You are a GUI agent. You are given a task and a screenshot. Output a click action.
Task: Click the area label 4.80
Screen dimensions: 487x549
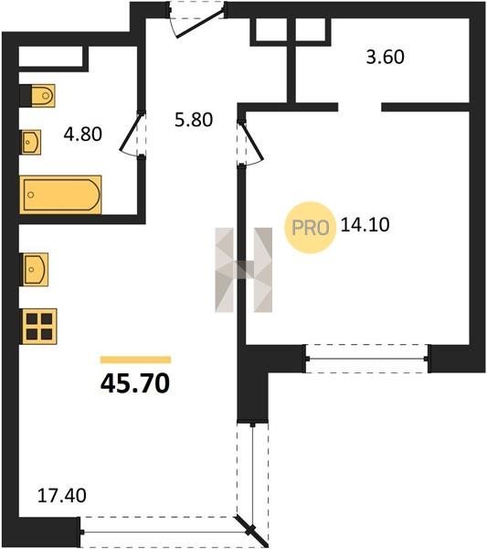click(x=83, y=135)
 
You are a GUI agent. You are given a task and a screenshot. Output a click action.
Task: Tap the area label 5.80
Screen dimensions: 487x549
click(x=194, y=120)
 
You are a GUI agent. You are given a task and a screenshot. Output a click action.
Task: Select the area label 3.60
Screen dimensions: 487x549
click(x=386, y=57)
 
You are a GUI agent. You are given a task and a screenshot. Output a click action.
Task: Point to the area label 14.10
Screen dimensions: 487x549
click(x=365, y=225)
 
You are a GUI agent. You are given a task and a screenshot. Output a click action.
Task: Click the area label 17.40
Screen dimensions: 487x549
click(x=62, y=496)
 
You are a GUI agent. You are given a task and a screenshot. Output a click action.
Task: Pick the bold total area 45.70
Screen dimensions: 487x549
click(x=135, y=383)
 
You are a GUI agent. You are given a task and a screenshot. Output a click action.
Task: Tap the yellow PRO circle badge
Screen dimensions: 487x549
click(x=310, y=228)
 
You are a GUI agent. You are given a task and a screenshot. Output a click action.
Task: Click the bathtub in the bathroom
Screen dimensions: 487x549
click(x=61, y=195)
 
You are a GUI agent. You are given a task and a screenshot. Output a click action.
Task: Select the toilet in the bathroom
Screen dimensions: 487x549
click(x=37, y=95)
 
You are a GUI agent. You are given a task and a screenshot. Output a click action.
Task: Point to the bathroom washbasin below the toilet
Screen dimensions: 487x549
click(x=31, y=142)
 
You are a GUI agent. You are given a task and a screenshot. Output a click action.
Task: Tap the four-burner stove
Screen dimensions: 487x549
click(x=39, y=327)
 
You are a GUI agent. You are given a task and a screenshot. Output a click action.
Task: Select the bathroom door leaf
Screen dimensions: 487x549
click(x=131, y=132)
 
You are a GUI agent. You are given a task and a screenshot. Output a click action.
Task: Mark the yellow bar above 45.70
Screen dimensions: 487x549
click(x=135, y=360)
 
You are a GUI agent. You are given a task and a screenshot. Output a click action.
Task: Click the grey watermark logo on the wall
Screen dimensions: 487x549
click(x=244, y=270)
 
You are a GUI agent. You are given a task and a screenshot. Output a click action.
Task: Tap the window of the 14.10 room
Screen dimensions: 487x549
click(x=366, y=359)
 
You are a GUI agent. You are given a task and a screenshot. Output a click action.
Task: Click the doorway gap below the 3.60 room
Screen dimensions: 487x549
click(x=359, y=107)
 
